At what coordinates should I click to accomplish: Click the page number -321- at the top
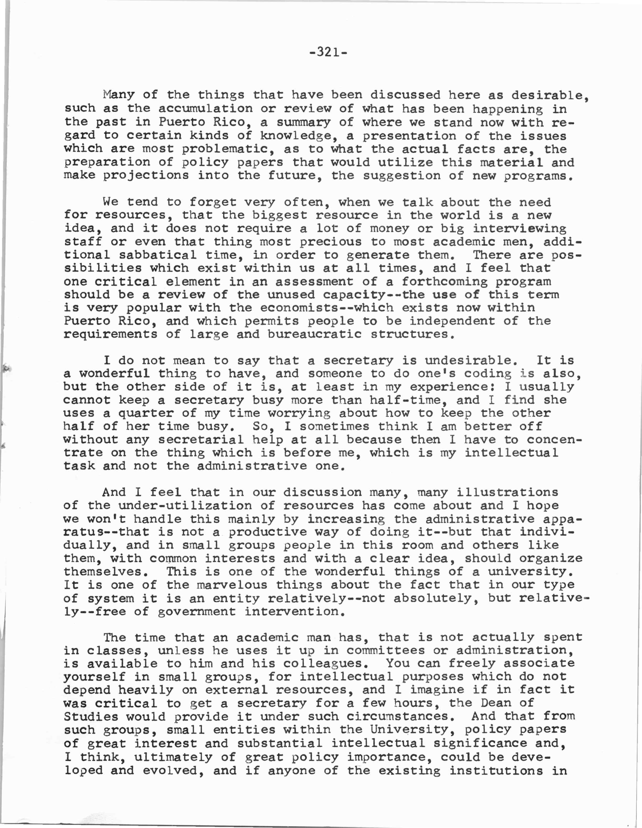[x=328, y=52]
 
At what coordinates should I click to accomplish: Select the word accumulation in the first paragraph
[x=205, y=108]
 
